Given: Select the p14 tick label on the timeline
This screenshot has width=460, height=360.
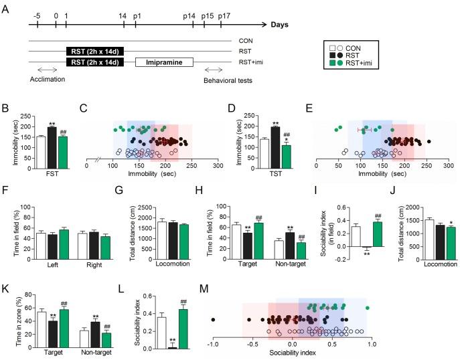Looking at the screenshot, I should [193, 15].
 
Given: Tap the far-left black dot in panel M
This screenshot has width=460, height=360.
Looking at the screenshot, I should [213, 320].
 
